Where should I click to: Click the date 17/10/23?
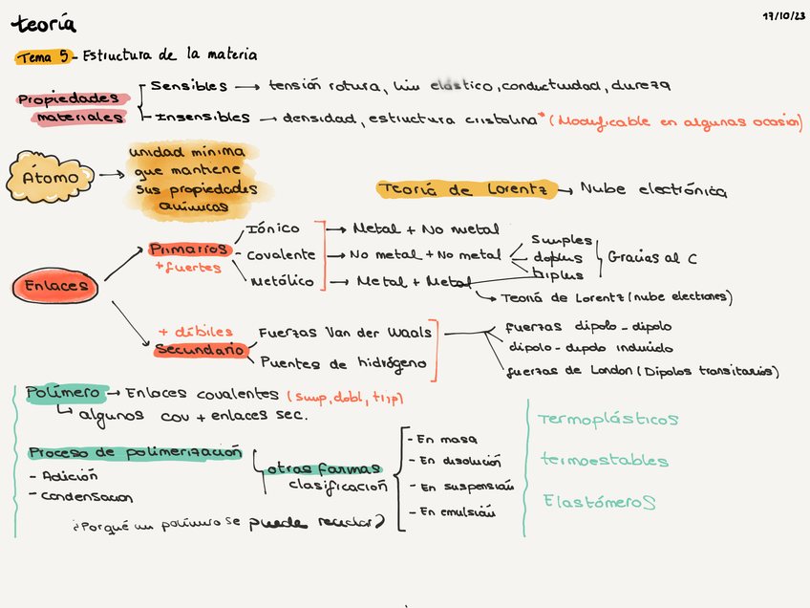coord(783,16)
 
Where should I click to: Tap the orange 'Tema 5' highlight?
coord(43,57)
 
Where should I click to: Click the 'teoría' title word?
coord(43,24)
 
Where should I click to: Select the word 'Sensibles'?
coord(189,87)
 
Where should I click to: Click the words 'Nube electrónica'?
coord(653,190)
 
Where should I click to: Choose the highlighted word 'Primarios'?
coord(189,250)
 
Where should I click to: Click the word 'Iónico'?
coord(273,229)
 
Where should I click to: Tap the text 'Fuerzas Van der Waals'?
coord(345,333)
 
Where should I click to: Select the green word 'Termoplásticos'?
coord(607,420)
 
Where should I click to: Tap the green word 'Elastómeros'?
coord(600,501)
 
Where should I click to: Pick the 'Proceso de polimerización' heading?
coord(135,452)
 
